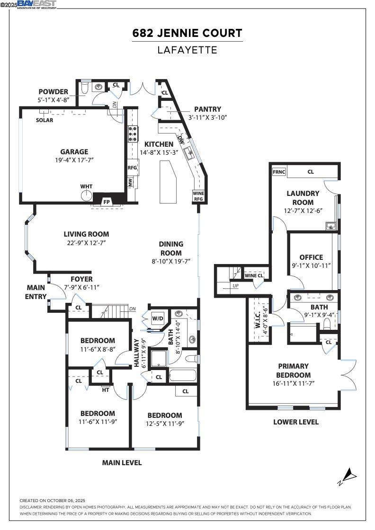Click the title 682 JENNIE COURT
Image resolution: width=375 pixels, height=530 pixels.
point(187,33)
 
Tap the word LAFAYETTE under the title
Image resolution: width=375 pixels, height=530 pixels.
point(187,50)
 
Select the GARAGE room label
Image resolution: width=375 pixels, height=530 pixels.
point(74,152)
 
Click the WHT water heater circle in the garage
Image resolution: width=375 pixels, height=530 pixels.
point(86,195)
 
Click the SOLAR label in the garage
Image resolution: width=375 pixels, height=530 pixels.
point(45,120)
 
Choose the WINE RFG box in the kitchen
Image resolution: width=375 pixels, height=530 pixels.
point(198,196)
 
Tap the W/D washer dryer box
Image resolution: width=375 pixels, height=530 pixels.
point(157,318)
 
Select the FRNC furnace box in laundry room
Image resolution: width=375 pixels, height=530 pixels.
point(278,172)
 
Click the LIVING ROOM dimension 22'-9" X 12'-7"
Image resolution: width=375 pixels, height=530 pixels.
point(86,243)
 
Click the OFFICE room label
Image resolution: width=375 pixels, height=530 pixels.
point(311,257)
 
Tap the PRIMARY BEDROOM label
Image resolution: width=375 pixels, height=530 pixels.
point(293,370)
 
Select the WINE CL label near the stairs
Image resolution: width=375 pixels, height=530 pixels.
point(254,275)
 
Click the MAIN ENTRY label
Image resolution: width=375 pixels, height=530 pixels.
point(36,292)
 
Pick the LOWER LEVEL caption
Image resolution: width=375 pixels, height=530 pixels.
point(295,422)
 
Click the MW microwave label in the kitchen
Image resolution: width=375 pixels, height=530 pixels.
point(130,182)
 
